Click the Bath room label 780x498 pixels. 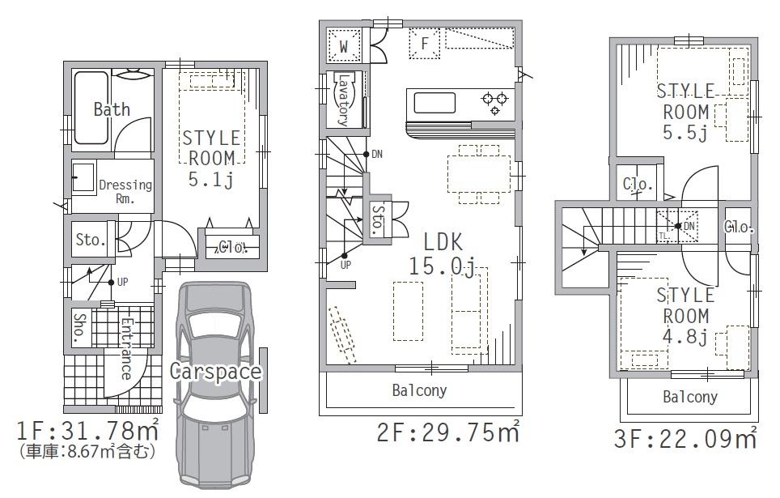click(x=111, y=109)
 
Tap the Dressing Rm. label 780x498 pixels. click(x=125, y=191)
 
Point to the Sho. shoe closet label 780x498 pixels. click(x=79, y=328)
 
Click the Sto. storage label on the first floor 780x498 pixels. click(x=89, y=240)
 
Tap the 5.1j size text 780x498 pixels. click(x=210, y=180)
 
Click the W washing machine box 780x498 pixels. click(x=344, y=46)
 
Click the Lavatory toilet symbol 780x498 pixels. click(x=343, y=100)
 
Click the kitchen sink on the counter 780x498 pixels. click(x=436, y=103)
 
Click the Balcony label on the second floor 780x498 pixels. click(x=419, y=391)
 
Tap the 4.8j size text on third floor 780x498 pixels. click(x=685, y=337)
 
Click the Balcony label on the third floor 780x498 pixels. click(x=690, y=397)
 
